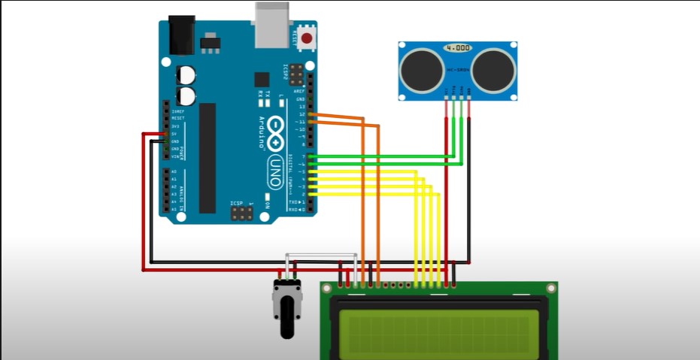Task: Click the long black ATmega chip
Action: [207, 157]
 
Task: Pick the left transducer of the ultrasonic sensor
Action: [418, 68]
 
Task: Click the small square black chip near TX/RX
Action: [261, 80]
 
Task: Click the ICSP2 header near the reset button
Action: [295, 74]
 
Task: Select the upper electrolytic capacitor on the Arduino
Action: [186, 74]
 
